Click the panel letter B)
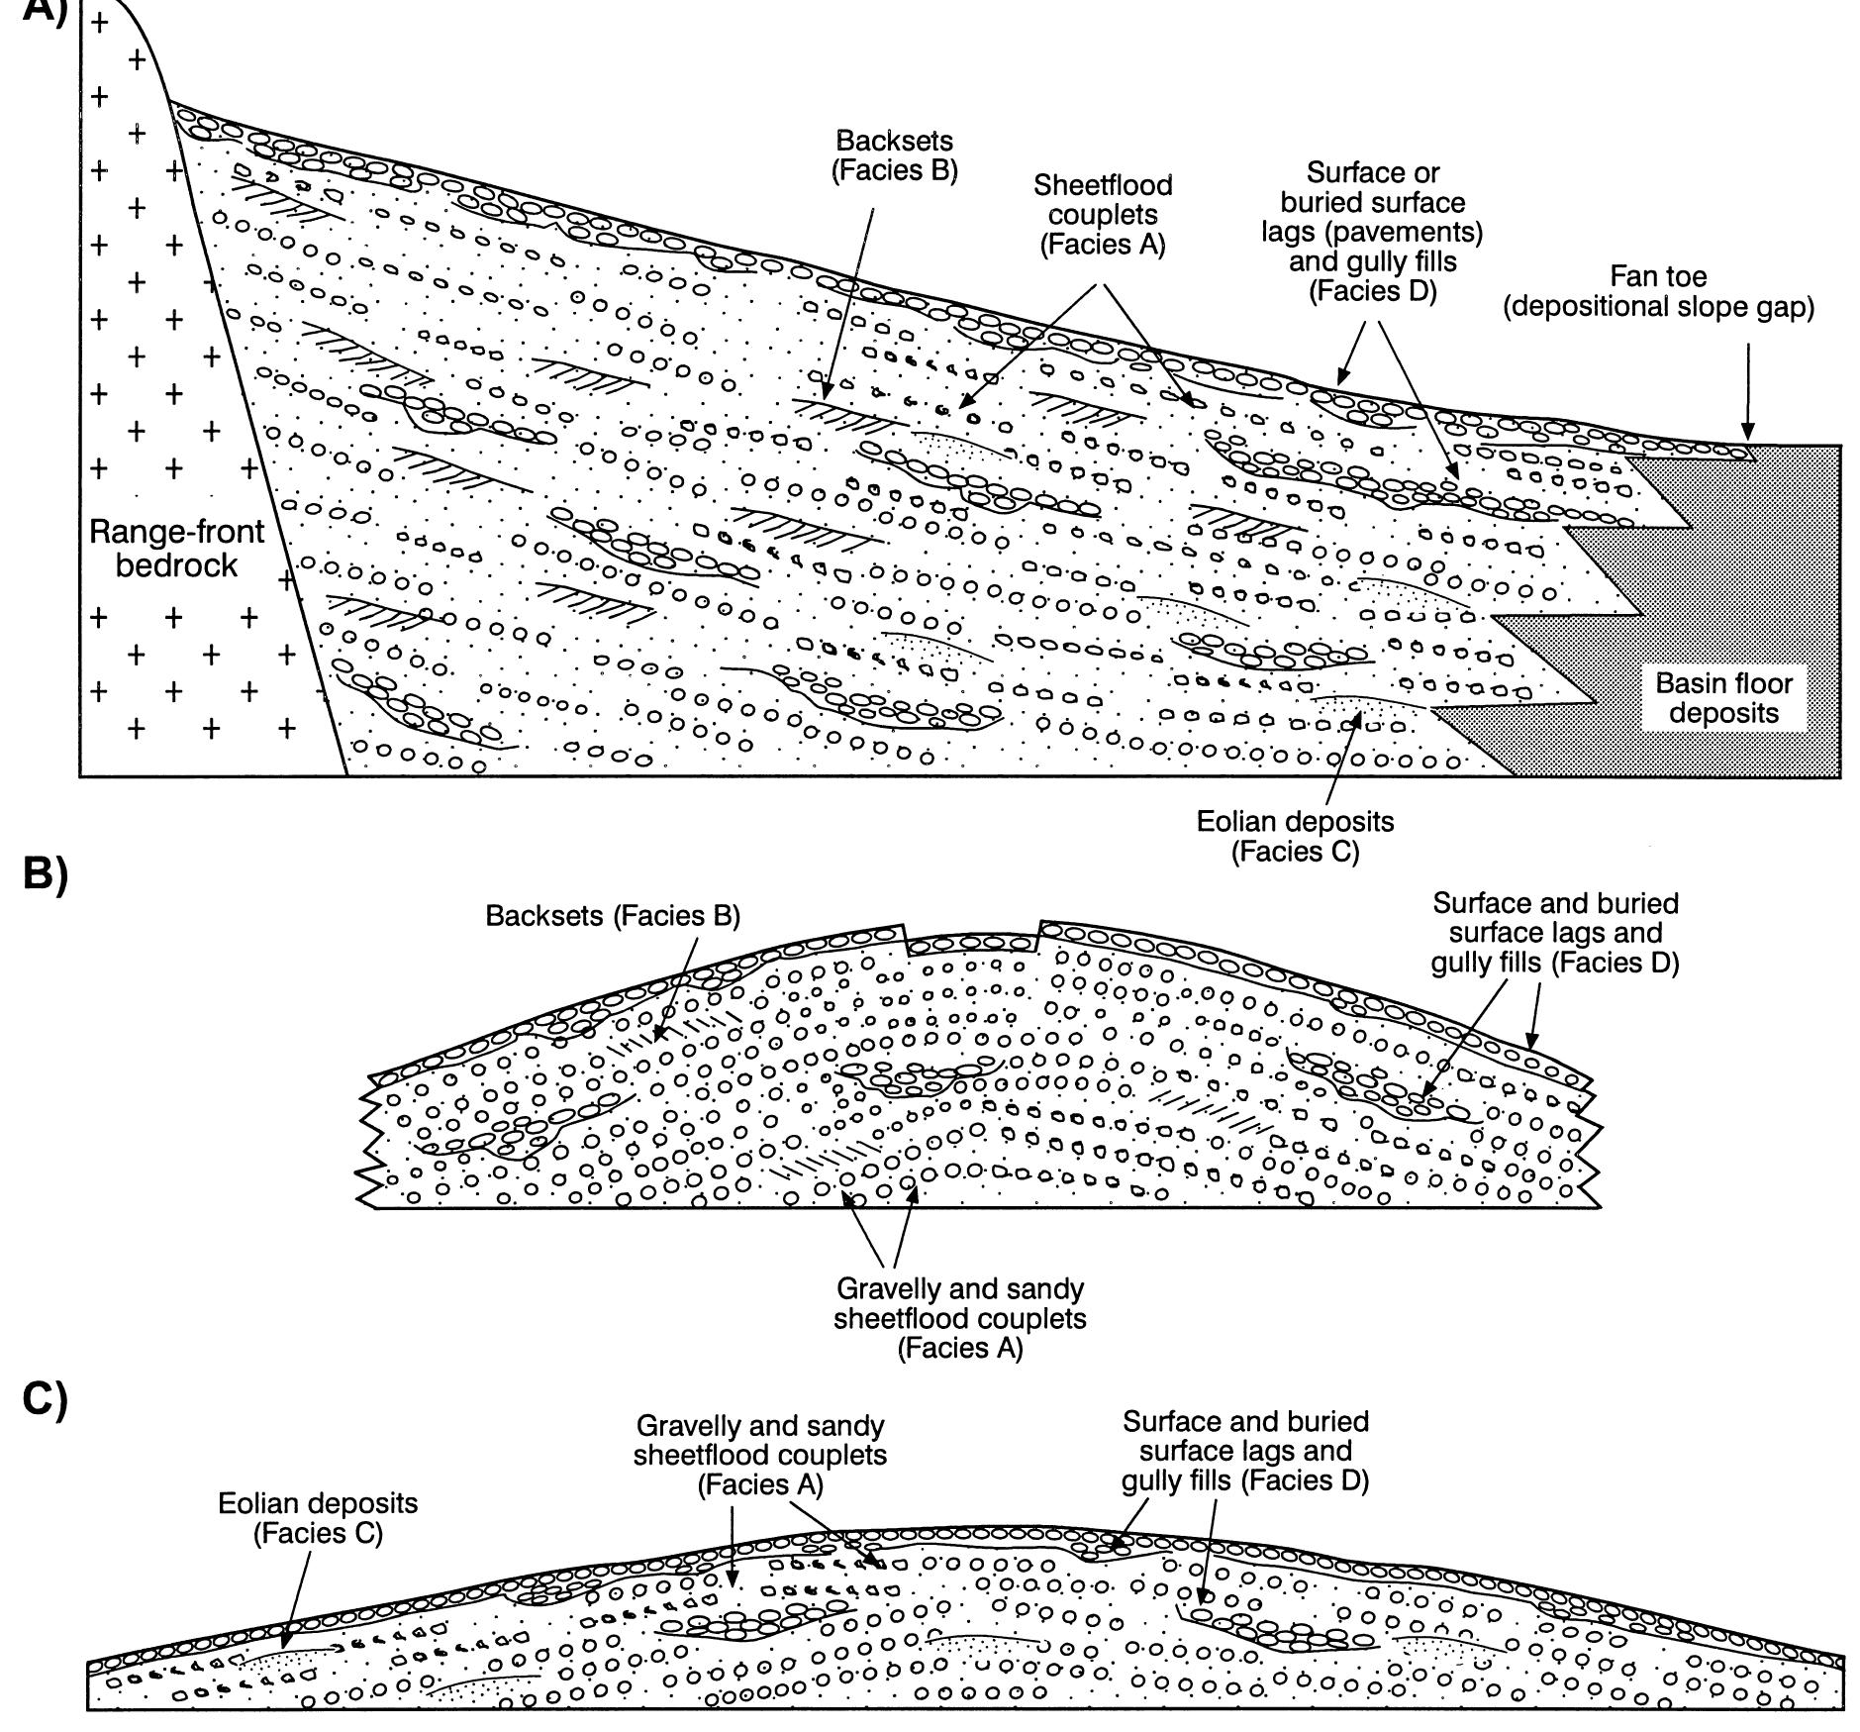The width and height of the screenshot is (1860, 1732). pos(45,875)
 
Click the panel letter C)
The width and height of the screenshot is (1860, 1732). pos(45,1399)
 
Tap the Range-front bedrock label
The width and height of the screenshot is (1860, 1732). pos(177,549)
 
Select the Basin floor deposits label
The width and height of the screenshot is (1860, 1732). pos(1723,698)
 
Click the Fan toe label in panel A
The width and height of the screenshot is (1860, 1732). pos(1658,291)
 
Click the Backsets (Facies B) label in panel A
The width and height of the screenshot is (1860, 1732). pos(894,155)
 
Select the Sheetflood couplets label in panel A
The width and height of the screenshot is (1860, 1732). pos(1102,215)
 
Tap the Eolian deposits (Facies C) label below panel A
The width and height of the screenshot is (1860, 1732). pos(1295,836)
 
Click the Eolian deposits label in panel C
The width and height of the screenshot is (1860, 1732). pos(318,1518)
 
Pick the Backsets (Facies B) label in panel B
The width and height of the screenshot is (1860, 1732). pos(613,916)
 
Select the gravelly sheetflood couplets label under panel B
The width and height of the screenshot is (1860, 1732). pos(959,1318)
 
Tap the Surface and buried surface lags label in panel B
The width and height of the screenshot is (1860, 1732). pos(1555,933)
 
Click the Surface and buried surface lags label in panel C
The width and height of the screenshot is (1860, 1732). pos(1245,1451)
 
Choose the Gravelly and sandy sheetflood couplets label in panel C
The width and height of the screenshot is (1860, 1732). pos(760,1455)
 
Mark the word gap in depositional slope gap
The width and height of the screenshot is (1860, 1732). pos(1784,308)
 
